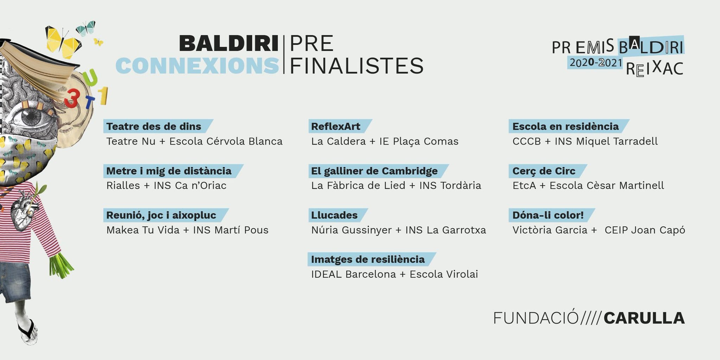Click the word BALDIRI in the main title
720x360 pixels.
(229, 44)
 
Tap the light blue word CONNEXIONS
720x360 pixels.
(197, 66)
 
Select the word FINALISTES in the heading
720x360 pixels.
(356, 66)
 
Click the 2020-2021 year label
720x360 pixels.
(596, 63)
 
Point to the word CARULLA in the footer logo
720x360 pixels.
(644, 318)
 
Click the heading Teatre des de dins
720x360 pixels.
(154, 127)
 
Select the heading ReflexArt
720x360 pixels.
(336, 127)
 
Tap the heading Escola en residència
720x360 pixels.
(565, 127)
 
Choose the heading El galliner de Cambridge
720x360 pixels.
(374, 171)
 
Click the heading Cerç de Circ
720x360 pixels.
(544, 171)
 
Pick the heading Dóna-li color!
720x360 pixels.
(548, 215)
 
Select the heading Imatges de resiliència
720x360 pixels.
(368, 259)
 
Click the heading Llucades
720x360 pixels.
(334, 215)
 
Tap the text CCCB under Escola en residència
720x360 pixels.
(527, 141)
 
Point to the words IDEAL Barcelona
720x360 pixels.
(353, 274)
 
